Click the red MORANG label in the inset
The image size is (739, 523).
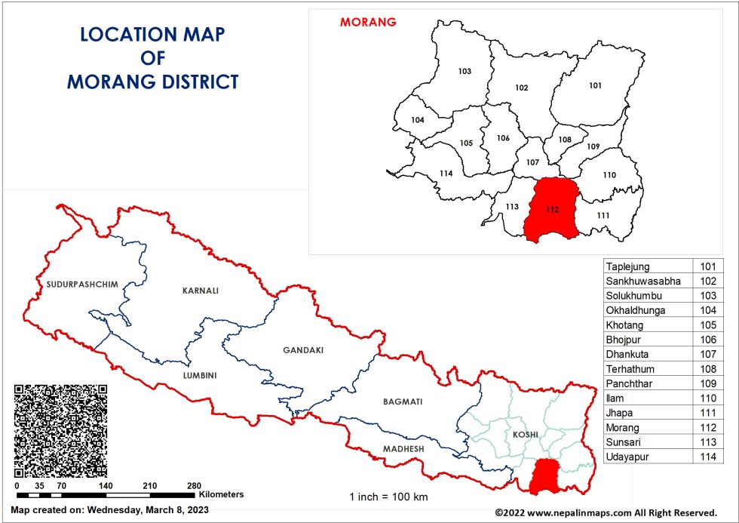[368, 22]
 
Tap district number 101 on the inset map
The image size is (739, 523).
[595, 85]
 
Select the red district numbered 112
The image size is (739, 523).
[551, 210]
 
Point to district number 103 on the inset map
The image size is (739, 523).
[465, 72]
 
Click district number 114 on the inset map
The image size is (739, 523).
[446, 174]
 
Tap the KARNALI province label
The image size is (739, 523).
[200, 290]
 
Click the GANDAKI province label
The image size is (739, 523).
[302, 350]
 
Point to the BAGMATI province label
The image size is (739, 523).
[402, 401]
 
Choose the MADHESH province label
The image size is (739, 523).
[403, 449]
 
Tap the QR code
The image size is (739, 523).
[60, 430]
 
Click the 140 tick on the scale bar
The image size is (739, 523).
[106, 486]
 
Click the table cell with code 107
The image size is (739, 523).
[708, 353]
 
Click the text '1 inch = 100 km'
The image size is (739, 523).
[388, 497]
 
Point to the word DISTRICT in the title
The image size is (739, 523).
[197, 82]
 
